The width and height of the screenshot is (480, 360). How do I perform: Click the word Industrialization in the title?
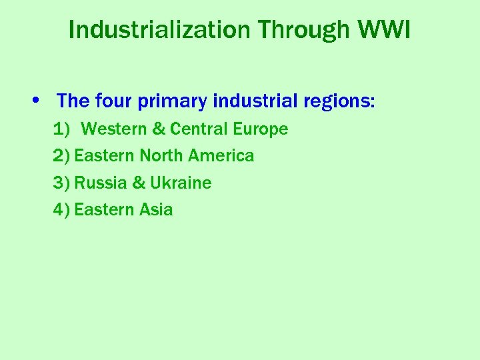coord(160,29)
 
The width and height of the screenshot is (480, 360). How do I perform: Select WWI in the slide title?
coord(385,29)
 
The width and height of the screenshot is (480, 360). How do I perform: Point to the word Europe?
coord(261,129)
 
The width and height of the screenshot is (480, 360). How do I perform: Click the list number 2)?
coord(61,156)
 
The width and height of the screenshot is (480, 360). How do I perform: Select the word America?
coord(221,156)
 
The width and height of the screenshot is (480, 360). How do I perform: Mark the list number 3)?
coord(61,183)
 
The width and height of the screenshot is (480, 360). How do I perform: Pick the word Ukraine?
coord(181,183)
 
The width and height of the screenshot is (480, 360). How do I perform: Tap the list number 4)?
coord(61,210)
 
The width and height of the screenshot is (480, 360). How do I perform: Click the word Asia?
coord(156,210)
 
